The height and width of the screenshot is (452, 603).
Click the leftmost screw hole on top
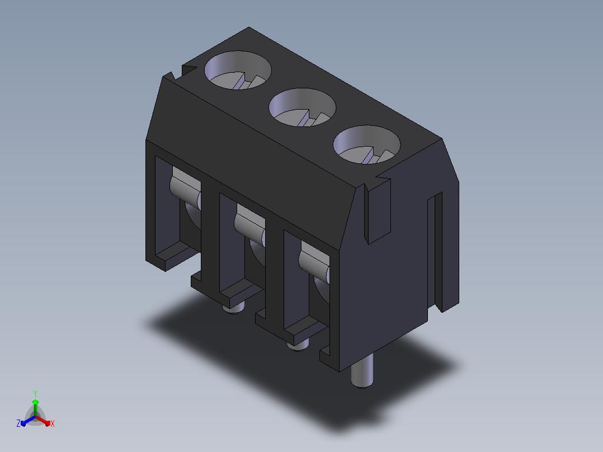click(238, 70)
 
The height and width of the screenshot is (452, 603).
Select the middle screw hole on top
click(302, 107)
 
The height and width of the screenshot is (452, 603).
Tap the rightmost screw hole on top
click(366, 144)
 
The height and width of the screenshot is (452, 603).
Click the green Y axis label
click(35, 393)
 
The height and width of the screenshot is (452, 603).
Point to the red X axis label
click(53, 423)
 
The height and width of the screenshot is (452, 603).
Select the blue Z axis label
click(18, 423)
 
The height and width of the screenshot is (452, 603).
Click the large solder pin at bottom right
click(362, 371)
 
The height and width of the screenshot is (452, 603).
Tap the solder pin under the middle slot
click(233, 307)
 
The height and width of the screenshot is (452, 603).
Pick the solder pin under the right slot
click(298, 344)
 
